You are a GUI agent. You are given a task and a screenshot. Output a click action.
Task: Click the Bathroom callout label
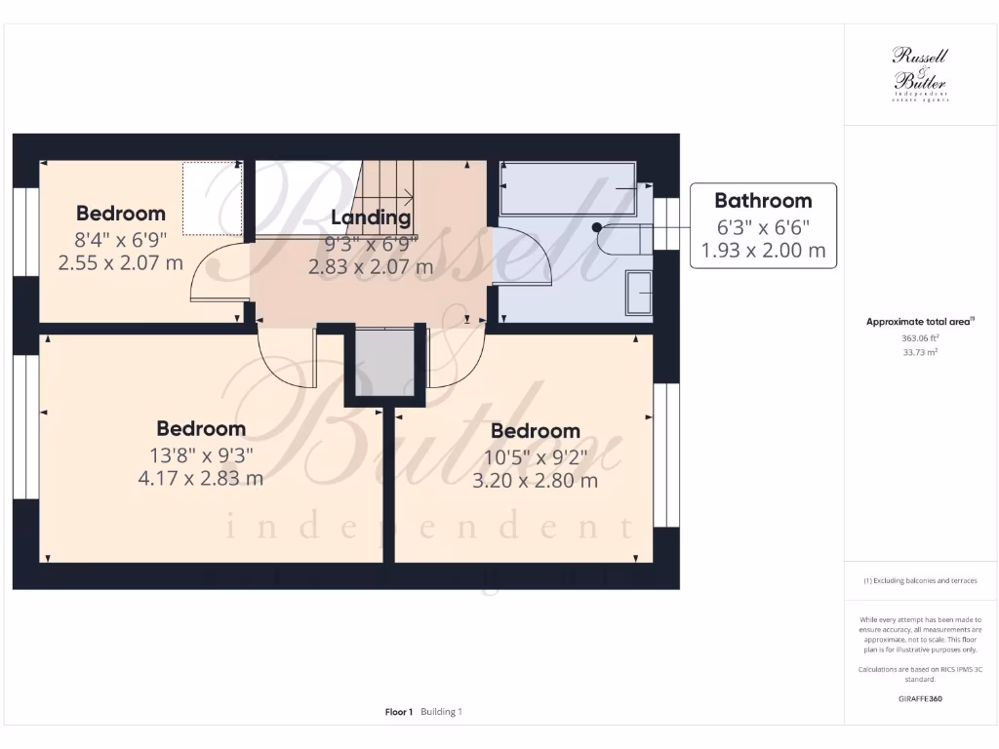pyautogui.click(x=763, y=201)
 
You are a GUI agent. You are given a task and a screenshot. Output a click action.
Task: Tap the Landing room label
pyautogui.click(x=371, y=217)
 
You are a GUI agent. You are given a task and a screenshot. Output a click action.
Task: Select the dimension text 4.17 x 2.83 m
pyautogui.click(x=201, y=478)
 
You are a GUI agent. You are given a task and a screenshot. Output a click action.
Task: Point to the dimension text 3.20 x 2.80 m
pyautogui.click(x=535, y=480)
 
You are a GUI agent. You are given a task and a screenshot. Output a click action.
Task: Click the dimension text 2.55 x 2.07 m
pyautogui.click(x=121, y=262)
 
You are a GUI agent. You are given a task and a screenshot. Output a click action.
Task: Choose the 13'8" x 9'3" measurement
pyautogui.click(x=201, y=454)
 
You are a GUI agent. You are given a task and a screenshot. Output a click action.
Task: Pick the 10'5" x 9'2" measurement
pyautogui.click(x=535, y=456)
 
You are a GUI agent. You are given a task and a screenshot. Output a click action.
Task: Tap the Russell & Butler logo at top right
pyautogui.click(x=920, y=74)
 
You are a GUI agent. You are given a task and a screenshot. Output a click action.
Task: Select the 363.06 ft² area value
pyautogui.click(x=920, y=337)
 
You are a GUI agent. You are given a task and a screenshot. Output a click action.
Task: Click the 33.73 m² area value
pyautogui.click(x=920, y=352)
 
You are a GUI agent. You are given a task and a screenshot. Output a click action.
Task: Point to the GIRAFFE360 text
pyautogui.click(x=920, y=699)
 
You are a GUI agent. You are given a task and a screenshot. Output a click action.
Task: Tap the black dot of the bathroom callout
pyautogui.click(x=597, y=227)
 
